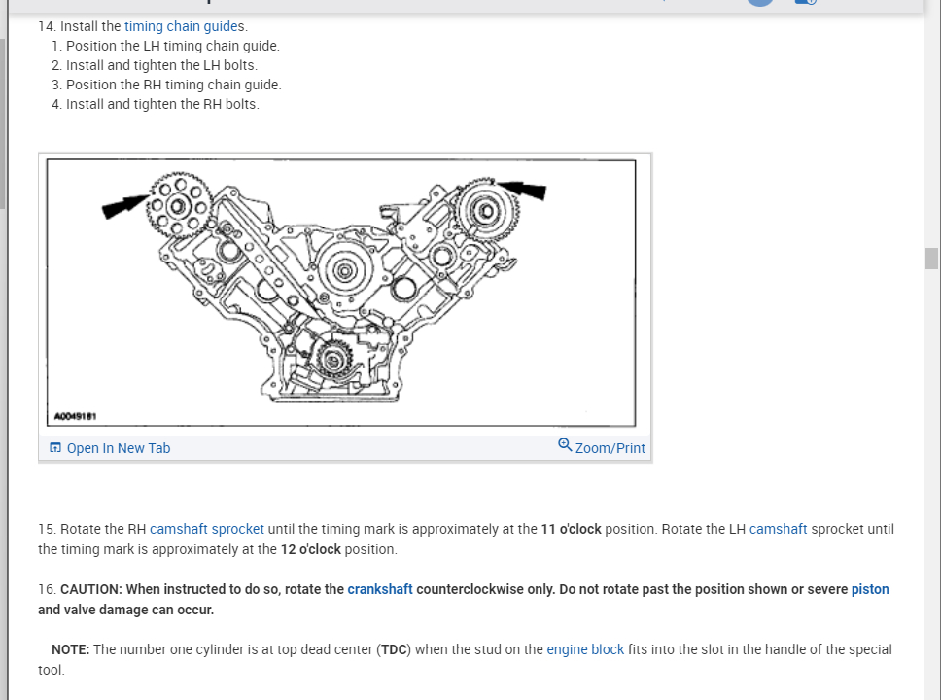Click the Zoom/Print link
tap(610, 448)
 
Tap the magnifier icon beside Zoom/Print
tap(565, 445)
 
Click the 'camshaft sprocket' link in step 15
tap(206, 529)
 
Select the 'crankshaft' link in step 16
tap(379, 589)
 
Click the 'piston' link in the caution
tap(869, 589)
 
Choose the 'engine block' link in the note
tap(585, 649)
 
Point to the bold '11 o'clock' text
tap(571, 529)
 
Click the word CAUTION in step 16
tap(91, 589)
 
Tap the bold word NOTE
tap(70, 649)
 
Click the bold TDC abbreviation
tap(394, 649)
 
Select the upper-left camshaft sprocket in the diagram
tap(179, 205)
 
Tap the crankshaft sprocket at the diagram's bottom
tap(333, 361)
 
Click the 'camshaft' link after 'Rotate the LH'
tap(778, 529)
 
